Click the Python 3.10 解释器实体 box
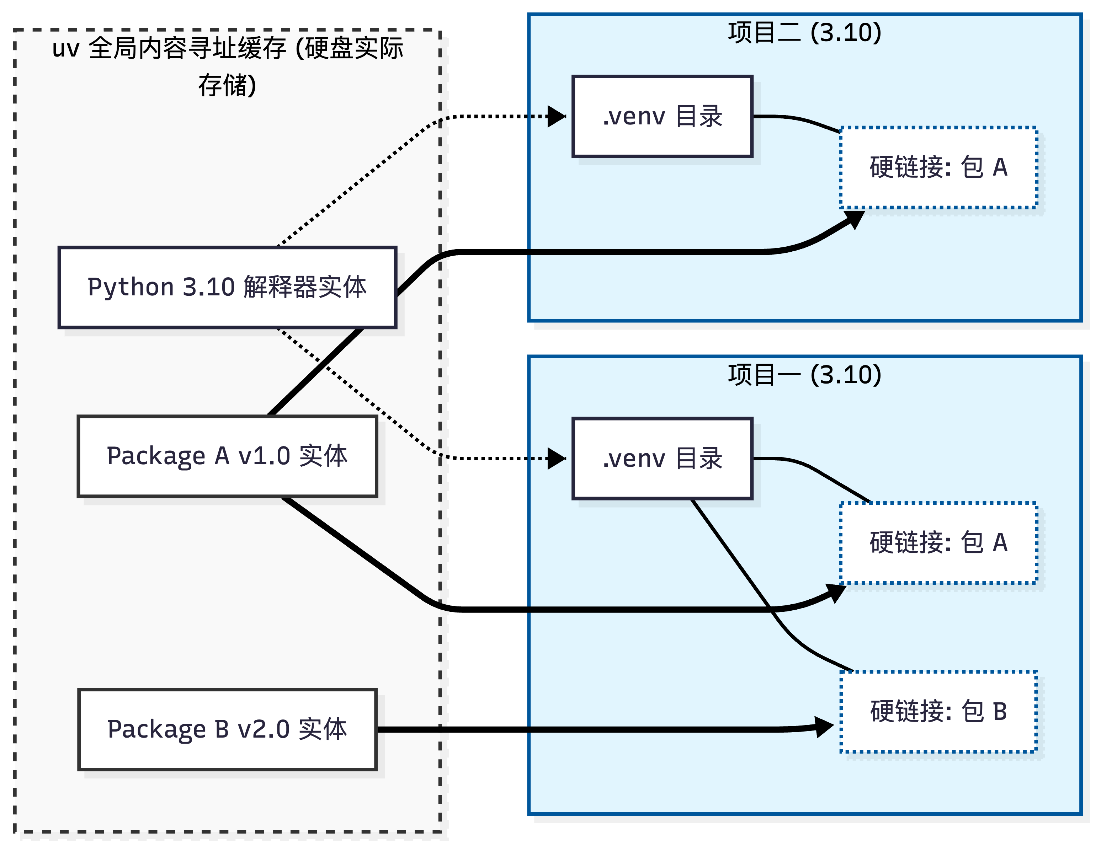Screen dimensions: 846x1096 [x=227, y=287]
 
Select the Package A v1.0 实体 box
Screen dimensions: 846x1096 [x=227, y=456]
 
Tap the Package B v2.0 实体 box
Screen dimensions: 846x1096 [x=227, y=729]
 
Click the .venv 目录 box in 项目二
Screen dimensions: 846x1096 [x=663, y=116]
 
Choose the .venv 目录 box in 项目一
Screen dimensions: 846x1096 [x=663, y=458]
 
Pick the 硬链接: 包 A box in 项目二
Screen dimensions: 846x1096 [x=938, y=167]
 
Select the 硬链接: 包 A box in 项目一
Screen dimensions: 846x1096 [x=938, y=542]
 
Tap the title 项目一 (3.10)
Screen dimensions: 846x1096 [x=804, y=375]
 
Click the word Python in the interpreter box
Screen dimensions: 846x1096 [x=131, y=287]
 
